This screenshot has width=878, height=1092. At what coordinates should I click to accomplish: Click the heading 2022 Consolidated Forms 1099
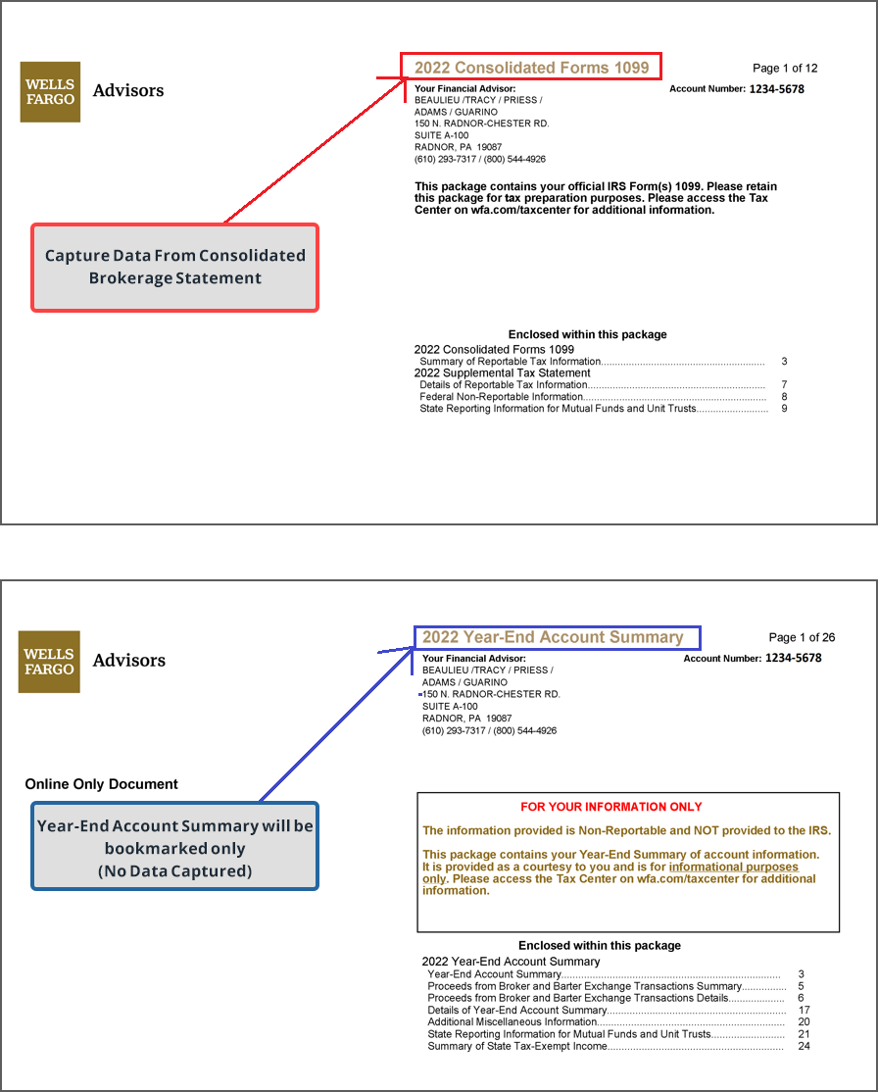tap(531, 68)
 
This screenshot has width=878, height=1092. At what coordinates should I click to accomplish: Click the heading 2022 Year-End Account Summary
tap(553, 637)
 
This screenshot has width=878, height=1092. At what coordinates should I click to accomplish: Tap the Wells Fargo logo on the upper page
tap(50, 92)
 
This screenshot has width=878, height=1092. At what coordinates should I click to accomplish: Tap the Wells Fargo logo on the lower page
tap(49, 662)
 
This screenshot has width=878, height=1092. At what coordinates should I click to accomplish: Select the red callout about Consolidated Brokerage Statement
tap(175, 268)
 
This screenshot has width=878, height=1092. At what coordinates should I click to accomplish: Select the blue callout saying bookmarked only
tap(175, 848)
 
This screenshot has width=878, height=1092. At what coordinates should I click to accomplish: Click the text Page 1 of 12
tap(785, 69)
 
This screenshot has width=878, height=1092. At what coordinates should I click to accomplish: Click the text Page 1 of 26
tap(802, 637)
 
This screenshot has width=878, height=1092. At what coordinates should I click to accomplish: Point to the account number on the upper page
tap(776, 89)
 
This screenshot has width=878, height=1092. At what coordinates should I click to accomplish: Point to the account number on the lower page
tap(793, 658)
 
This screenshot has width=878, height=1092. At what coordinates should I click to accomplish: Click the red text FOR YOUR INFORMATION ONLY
tap(611, 807)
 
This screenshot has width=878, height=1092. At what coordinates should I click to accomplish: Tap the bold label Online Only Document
tap(102, 784)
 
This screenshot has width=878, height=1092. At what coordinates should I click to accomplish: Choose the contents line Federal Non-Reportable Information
tap(501, 397)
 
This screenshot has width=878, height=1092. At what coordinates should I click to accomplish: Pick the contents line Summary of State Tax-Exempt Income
tap(516, 1046)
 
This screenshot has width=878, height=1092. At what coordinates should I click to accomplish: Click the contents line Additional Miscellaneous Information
tap(512, 1022)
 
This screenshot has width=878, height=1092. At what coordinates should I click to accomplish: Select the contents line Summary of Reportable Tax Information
tap(510, 362)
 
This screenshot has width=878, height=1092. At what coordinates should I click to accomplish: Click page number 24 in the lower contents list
tap(804, 1046)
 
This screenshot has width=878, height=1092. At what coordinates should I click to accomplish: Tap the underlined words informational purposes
tap(733, 868)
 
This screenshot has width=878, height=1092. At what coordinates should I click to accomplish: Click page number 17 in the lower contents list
tap(804, 1010)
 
